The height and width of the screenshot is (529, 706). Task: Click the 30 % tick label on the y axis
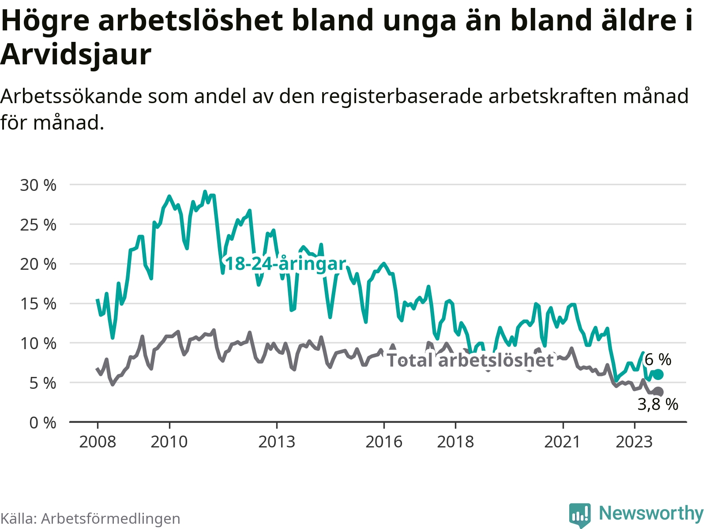pyautogui.click(x=38, y=185)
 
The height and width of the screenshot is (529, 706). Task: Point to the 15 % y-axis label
pyautogui.click(x=38, y=304)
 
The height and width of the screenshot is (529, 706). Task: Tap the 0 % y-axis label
pyautogui.click(x=43, y=423)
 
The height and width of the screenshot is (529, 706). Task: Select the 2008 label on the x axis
pyautogui.click(x=98, y=442)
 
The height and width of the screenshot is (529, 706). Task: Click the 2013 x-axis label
pyautogui.click(x=277, y=442)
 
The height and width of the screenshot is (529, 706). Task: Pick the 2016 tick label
pyautogui.click(x=384, y=442)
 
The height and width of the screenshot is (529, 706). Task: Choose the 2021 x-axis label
pyautogui.click(x=563, y=442)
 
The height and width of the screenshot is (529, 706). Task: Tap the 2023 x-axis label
pyautogui.click(x=634, y=442)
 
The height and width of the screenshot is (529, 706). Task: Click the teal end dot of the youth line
pyautogui.click(x=658, y=375)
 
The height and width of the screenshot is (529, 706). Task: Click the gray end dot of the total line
pyautogui.click(x=658, y=391)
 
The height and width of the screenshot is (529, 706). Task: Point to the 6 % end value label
pyautogui.click(x=658, y=360)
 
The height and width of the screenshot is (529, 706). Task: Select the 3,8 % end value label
pyautogui.click(x=658, y=404)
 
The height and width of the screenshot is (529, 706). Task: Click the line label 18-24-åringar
pyautogui.click(x=285, y=264)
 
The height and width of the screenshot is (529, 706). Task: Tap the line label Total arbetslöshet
pyautogui.click(x=470, y=360)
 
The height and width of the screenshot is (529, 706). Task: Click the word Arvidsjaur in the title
pyautogui.click(x=76, y=54)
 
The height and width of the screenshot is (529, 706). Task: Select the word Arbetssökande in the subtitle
pyautogui.click(x=71, y=96)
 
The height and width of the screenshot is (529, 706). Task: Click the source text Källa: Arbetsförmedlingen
pyautogui.click(x=90, y=518)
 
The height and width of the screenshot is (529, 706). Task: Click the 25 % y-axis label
pyautogui.click(x=38, y=225)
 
